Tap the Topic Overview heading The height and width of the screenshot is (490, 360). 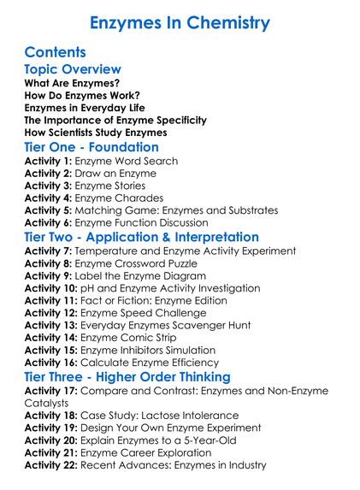click(73, 69)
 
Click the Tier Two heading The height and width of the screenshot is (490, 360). click(142, 237)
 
